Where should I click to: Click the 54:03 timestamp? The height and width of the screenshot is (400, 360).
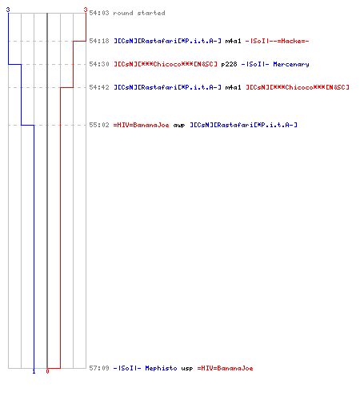point(99,13)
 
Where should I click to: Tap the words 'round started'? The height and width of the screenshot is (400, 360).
point(139,13)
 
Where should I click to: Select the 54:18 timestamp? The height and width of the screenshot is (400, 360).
point(99,41)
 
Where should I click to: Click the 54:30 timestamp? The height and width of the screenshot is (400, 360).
point(99,64)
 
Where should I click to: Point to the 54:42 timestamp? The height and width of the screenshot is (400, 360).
point(99,87)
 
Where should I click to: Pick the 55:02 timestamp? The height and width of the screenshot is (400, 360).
point(99,125)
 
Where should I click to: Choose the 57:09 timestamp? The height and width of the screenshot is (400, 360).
point(99,368)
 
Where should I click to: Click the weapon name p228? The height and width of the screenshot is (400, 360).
point(229,65)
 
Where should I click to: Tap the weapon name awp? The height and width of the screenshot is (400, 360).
point(179,126)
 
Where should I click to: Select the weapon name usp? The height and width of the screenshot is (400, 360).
point(187,369)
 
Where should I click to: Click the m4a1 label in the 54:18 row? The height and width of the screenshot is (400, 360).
point(233,41)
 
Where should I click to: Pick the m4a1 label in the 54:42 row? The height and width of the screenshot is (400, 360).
point(233,87)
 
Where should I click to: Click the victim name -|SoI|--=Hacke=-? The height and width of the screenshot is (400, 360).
point(277,41)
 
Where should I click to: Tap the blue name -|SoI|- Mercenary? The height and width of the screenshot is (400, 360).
point(275,65)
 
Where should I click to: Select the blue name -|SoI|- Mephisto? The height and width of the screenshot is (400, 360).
point(146,368)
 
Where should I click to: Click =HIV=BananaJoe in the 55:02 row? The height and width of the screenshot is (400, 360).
point(142,125)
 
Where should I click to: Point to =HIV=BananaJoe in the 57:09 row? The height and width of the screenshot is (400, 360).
point(225,368)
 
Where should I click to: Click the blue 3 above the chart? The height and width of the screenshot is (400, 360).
point(8,10)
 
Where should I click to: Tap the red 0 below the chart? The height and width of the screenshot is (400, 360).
point(47,371)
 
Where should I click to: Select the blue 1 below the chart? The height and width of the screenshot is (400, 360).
point(34,372)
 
